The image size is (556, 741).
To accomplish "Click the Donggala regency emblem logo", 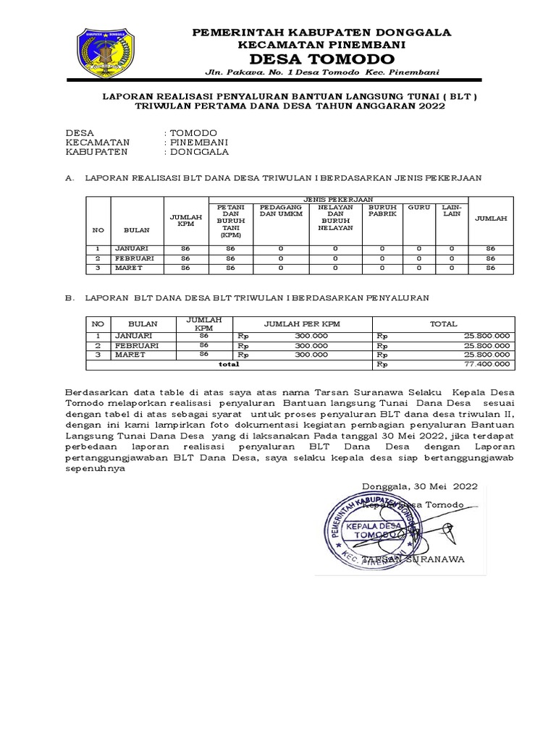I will click(x=106, y=54).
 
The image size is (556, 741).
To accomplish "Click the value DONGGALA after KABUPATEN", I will click(x=198, y=153).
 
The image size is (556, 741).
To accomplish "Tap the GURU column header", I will click(x=418, y=207).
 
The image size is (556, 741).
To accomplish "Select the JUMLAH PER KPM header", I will click(x=301, y=324).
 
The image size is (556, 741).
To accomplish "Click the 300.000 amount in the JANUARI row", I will click(x=311, y=336).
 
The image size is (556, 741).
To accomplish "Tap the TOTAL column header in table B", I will click(x=443, y=324).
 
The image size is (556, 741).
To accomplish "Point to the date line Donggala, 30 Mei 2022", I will click(x=419, y=486).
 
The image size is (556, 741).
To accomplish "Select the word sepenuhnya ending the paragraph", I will click(x=95, y=467).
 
